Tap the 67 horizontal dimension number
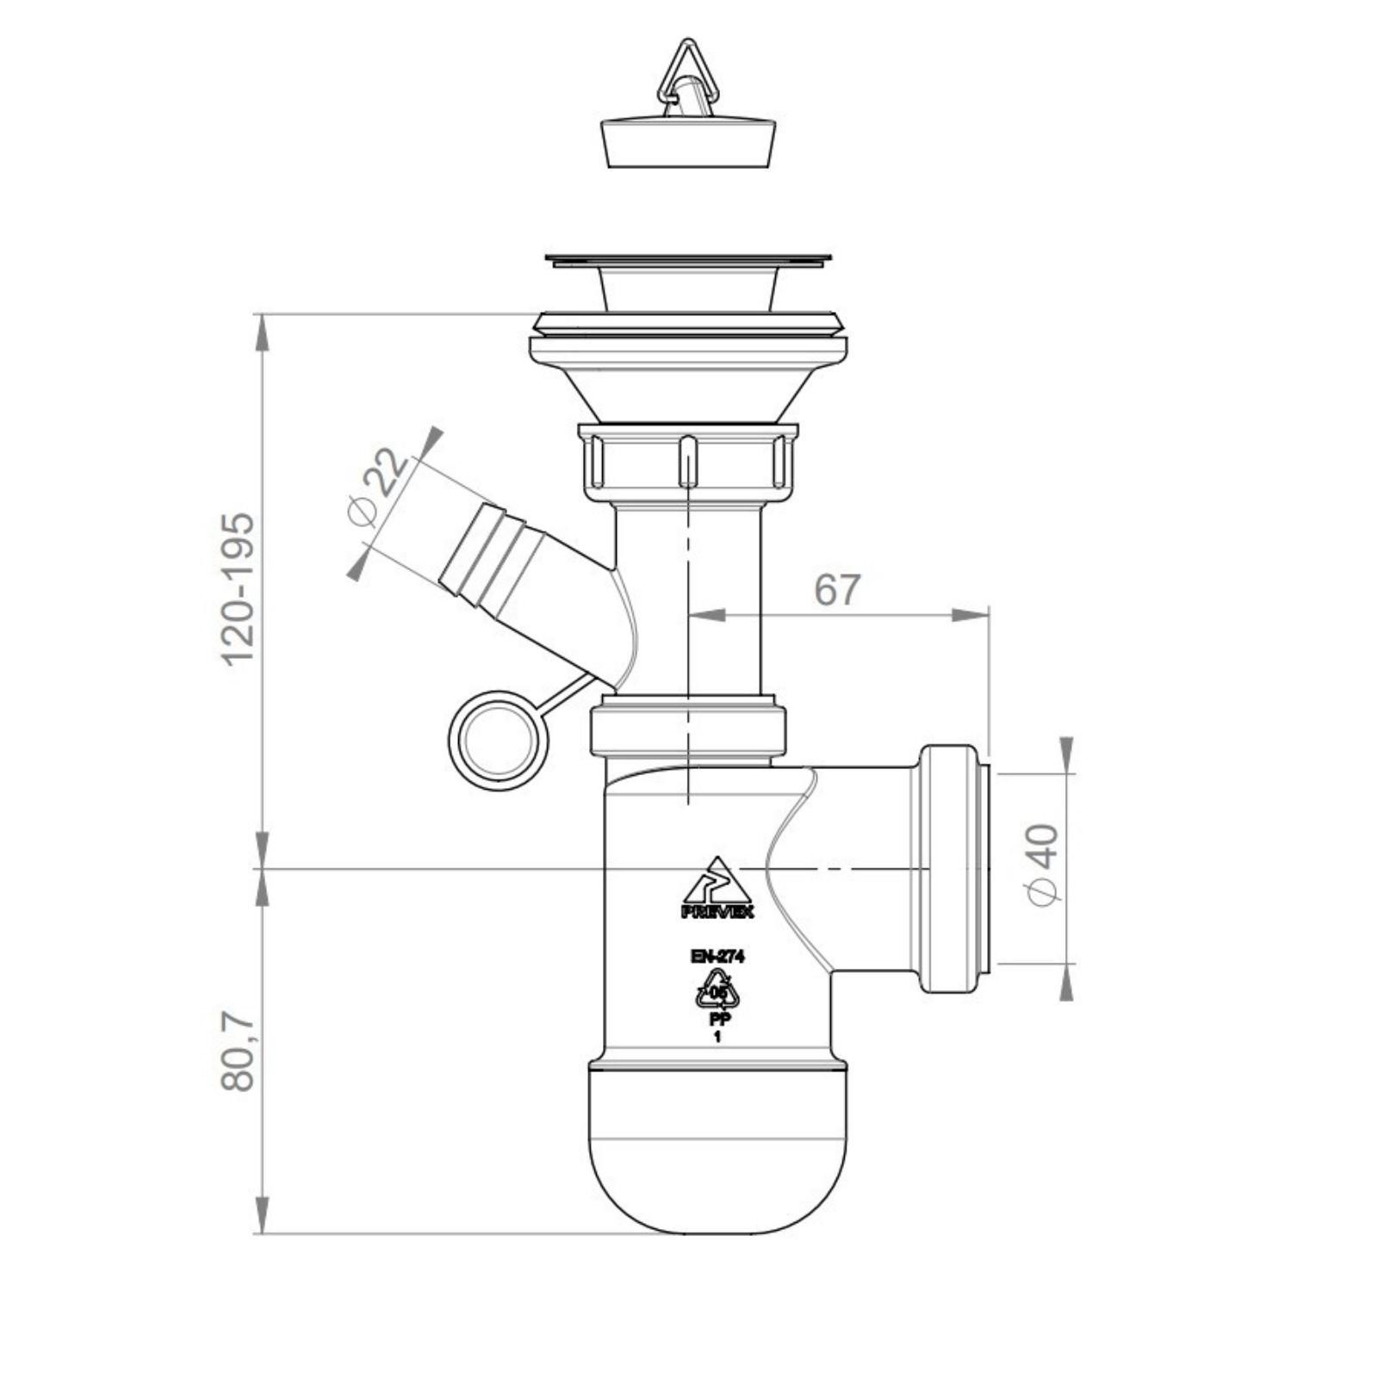[x=837, y=590]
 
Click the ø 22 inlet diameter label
[x=378, y=486]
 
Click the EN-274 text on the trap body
[x=717, y=956]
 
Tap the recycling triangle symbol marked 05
[x=717, y=989]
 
